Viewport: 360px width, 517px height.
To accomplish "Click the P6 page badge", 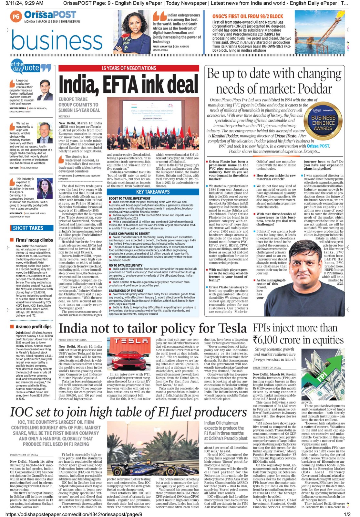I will tap(15, 16).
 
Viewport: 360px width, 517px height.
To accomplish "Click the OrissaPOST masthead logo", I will tap(50, 15).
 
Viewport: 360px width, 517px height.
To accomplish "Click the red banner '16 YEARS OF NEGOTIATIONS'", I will tap(129, 68).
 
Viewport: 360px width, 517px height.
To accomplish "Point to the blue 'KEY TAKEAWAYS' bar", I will tap(153, 192).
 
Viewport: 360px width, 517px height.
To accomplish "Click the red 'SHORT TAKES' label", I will tap(28, 228).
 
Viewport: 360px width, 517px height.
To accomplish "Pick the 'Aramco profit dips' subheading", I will tap(33, 327).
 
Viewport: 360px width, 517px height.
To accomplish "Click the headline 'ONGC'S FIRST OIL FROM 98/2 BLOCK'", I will tap(248, 16).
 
